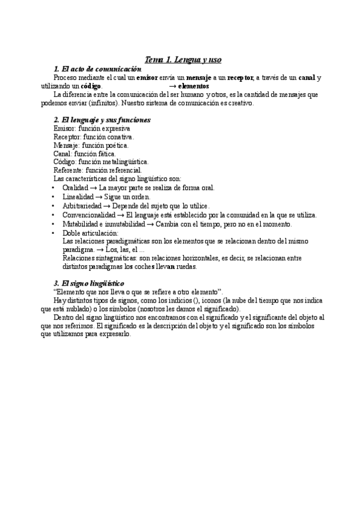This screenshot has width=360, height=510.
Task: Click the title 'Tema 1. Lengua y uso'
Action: (184, 60)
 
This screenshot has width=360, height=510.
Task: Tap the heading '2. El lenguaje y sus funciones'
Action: (102, 120)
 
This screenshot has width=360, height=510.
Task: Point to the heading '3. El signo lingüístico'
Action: (89, 283)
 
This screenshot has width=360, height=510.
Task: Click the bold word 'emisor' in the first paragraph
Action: (147, 78)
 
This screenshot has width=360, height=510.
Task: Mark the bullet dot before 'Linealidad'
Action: (55, 197)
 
